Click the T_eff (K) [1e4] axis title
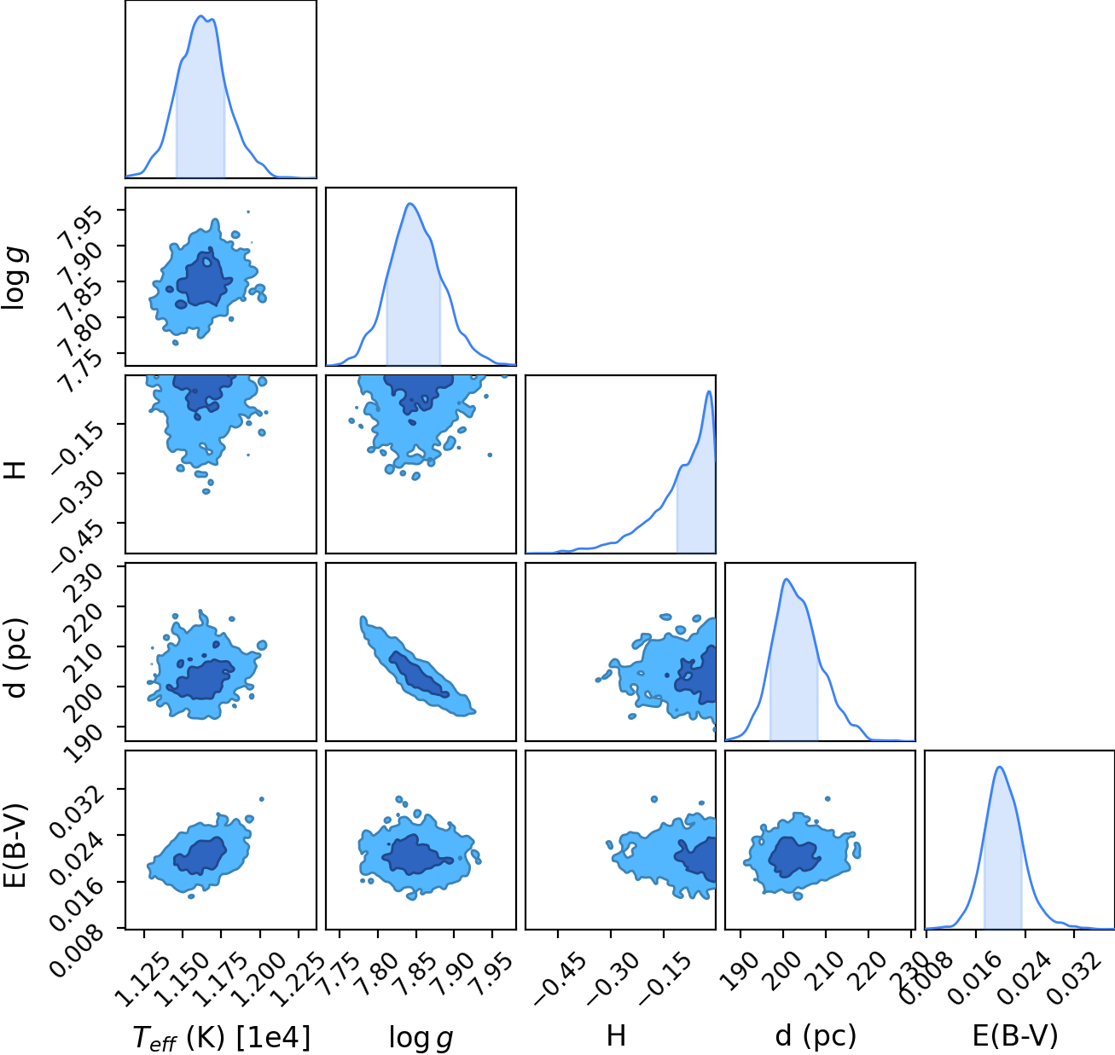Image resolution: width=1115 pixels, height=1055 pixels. coord(222,1037)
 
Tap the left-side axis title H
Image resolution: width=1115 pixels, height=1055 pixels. coord(15,470)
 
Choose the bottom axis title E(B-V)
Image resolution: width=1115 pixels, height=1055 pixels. coord(1015,1035)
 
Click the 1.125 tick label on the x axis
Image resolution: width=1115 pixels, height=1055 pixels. coord(142,978)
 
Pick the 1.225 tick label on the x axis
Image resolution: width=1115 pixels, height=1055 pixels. coord(296,978)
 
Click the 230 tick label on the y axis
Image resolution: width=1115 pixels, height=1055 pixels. coord(84,583)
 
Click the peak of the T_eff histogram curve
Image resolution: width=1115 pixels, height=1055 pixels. coord(200,16)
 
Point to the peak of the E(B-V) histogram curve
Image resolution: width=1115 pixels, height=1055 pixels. coord(999,767)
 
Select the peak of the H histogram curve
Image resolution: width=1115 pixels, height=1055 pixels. coord(708,391)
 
